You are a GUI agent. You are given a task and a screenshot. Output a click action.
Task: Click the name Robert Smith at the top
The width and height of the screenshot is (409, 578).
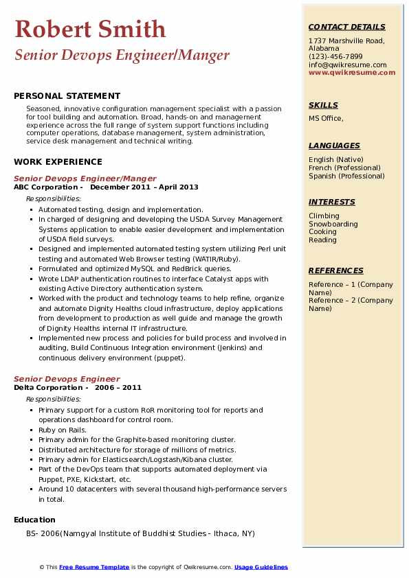click(x=90, y=29)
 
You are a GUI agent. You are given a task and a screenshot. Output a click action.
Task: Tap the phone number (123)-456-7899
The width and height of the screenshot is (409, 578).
click(x=335, y=57)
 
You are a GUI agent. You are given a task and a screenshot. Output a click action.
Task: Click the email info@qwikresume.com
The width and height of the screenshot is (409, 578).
click(x=347, y=65)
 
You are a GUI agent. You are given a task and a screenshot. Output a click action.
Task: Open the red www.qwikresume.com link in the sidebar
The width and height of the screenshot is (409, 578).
click(x=352, y=72)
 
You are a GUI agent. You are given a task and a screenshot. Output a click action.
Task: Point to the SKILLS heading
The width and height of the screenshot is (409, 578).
click(x=323, y=105)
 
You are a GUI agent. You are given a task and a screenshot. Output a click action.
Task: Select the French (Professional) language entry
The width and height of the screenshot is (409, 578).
click(x=344, y=167)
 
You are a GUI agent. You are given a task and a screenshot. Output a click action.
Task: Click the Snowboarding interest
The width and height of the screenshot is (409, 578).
click(x=333, y=224)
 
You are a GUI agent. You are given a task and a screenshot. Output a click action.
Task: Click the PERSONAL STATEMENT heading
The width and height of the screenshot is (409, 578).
click(x=67, y=96)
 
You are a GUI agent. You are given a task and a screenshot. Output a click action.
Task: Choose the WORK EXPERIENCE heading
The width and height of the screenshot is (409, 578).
click(x=58, y=162)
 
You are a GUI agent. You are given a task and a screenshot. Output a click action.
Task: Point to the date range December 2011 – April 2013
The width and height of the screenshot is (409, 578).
click(x=144, y=187)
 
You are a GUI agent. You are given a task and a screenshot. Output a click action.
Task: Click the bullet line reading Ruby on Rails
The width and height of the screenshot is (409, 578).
click(x=62, y=430)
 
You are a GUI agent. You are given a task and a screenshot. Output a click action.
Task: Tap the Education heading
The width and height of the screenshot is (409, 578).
click(x=34, y=520)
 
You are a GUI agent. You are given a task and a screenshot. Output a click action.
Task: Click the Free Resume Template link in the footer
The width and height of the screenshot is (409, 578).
click(x=94, y=567)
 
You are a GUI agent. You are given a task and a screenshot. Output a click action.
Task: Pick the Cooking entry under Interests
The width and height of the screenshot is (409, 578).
click(x=322, y=232)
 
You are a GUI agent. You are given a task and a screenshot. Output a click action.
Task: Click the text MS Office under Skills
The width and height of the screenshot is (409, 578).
click(x=325, y=118)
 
